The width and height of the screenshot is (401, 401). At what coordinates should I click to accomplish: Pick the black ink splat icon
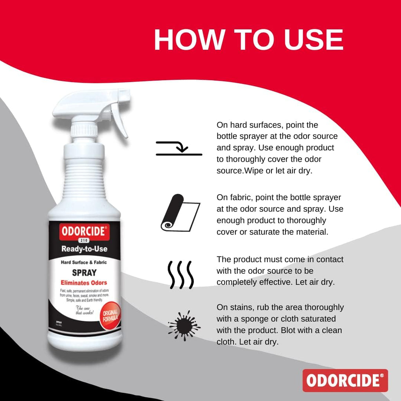click(183, 325)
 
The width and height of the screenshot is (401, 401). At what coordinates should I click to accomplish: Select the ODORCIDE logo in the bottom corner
click(345, 380)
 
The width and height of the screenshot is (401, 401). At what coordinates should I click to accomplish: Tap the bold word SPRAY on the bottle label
click(84, 273)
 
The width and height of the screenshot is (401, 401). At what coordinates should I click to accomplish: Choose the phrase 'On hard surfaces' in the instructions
click(247, 125)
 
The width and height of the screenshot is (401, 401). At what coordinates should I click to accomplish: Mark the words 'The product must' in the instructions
click(251, 259)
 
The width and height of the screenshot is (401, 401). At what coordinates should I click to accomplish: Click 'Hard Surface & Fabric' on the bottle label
click(84, 262)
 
